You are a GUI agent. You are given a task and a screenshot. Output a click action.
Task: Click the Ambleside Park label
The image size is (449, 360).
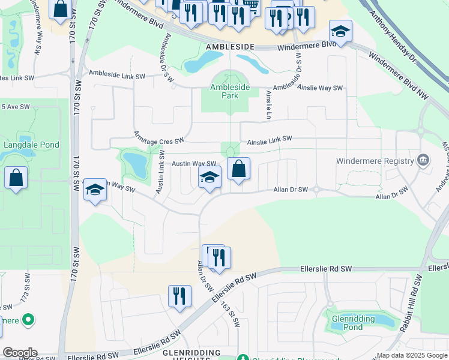[230, 91]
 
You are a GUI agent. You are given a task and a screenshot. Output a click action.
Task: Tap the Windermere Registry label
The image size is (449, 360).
[375, 161]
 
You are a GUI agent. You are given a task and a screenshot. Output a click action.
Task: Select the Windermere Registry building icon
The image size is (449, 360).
[423, 160]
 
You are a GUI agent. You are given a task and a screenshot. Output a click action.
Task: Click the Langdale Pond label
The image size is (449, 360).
[31, 145]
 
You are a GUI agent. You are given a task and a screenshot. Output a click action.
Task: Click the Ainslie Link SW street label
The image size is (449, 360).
[270, 139]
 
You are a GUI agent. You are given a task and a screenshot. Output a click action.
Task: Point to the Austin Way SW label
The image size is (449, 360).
[194, 163]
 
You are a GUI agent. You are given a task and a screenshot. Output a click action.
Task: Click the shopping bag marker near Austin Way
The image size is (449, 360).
[238, 169]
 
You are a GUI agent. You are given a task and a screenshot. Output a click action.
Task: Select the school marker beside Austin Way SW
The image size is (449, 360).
[209, 177]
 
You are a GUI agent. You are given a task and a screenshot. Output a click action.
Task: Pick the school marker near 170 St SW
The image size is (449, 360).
[95, 190]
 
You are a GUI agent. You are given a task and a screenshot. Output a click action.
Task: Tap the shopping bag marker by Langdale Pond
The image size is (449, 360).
[16, 178]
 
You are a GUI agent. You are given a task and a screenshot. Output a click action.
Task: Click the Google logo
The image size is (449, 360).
[19, 353]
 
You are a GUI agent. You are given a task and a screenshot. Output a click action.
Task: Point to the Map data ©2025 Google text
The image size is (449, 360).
[411, 355]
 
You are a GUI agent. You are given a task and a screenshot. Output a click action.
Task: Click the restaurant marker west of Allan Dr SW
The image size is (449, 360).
[179, 296]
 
